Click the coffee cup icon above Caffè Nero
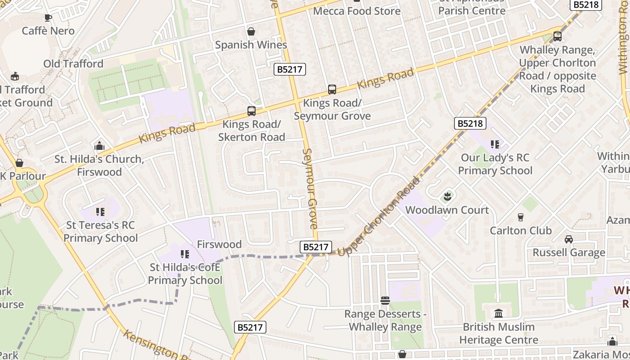click(48, 18)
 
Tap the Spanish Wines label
click(251, 45)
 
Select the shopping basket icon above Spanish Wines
click(251, 31)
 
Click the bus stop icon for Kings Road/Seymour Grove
click(332, 90)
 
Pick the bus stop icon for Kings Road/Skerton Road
click(251, 111)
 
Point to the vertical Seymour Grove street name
click(310, 189)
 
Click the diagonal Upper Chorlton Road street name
click(378, 217)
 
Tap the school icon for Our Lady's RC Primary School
click(495, 144)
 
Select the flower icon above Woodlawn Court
click(447, 196)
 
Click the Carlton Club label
click(520, 230)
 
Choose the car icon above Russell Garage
click(569, 239)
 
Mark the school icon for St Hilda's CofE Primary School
click(184, 254)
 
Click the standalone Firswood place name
click(219, 244)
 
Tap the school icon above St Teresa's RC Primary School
click(100, 211)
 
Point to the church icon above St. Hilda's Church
click(99, 146)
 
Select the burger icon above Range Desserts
click(385, 300)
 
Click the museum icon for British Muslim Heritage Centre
click(498, 313)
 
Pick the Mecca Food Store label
click(356, 11)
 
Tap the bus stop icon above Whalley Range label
click(557, 36)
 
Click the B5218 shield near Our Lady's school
click(470, 123)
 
